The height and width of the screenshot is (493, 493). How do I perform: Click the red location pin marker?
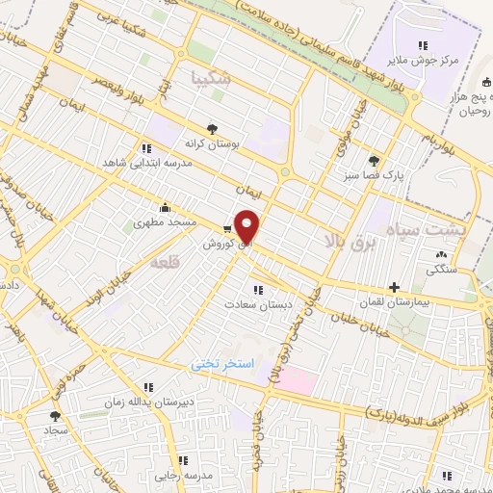click(247, 227)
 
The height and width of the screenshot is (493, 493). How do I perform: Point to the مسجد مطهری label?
click(165, 221)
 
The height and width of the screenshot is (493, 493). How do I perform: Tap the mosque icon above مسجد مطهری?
click(166, 206)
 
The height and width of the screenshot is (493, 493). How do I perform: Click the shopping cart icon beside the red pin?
click(226, 229)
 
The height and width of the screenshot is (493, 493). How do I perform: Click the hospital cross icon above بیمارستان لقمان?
click(393, 287)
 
